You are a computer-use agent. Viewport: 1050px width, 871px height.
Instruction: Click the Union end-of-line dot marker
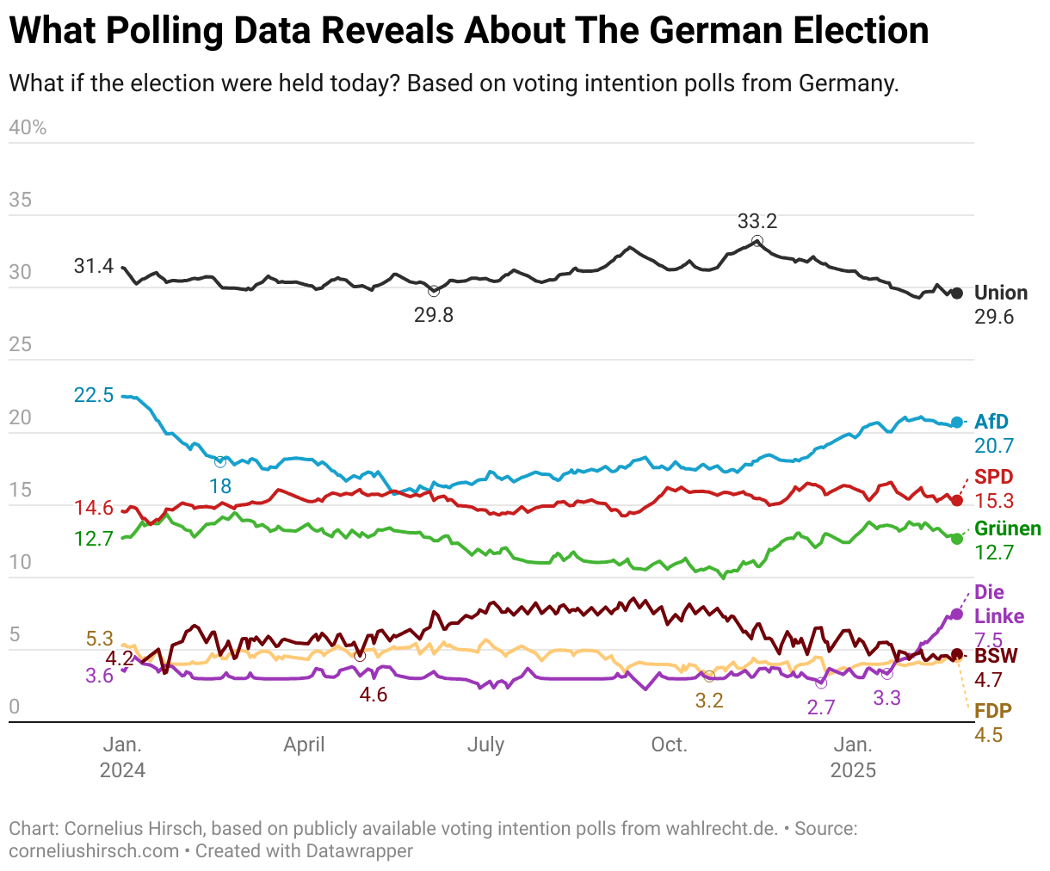point(957,293)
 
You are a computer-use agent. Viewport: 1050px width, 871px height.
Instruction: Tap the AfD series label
point(991,422)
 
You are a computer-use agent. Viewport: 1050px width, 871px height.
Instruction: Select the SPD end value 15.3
point(994,501)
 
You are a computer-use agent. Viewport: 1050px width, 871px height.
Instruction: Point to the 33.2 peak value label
point(757,221)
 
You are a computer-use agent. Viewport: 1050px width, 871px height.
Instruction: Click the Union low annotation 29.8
point(434,315)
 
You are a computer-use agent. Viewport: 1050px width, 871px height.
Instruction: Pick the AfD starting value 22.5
point(94,395)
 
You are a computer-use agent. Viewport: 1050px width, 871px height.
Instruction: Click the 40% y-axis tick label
point(28,127)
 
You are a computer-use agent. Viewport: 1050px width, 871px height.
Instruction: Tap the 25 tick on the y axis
point(20,345)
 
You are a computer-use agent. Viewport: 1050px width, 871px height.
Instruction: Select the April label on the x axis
point(304,744)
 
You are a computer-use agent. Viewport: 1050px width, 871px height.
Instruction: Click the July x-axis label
point(485,744)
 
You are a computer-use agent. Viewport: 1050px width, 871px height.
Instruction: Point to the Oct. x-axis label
point(670,744)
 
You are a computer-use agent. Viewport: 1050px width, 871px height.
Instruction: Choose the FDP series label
point(993,711)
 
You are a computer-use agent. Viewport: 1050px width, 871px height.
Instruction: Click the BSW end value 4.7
point(989,680)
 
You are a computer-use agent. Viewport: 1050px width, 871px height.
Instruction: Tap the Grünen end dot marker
point(957,538)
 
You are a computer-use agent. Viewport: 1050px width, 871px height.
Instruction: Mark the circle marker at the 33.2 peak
point(757,241)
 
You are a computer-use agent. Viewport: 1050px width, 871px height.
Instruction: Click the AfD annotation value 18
point(220,485)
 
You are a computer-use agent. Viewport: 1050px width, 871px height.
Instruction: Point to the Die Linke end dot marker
point(957,614)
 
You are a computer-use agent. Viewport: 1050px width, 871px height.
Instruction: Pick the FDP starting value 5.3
point(100,639)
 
